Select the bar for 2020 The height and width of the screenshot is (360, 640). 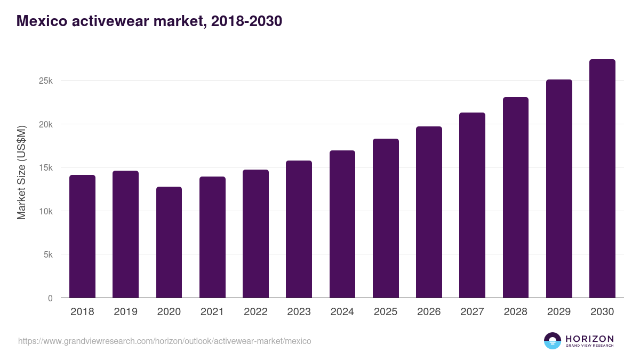tap(169, 242)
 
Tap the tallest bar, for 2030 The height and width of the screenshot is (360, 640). tap(602, 179)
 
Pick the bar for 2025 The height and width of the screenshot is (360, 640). tap(386, 218)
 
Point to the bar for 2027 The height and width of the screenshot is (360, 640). tap(472, 205)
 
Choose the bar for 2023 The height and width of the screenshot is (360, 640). tap(299, 229)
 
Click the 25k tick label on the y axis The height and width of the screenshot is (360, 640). tap(45, 81)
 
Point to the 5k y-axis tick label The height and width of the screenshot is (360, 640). tap(47, 254)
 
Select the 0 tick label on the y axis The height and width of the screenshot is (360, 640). tap(50, 298)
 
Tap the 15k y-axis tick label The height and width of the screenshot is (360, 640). tap(45, 167)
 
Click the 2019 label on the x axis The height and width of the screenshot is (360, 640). tap(125, 312)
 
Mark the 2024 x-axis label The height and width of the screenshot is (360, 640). tap(342, 312)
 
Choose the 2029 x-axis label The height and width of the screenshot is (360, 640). tap(559, 312)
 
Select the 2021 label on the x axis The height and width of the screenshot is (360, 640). tap(212, 312)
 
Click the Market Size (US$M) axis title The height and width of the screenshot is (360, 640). tap(21, 172)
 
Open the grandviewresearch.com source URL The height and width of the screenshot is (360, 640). tap(164, 341)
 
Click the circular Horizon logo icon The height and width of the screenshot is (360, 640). tap(553, 341)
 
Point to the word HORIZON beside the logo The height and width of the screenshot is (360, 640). tap(589, 338)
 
